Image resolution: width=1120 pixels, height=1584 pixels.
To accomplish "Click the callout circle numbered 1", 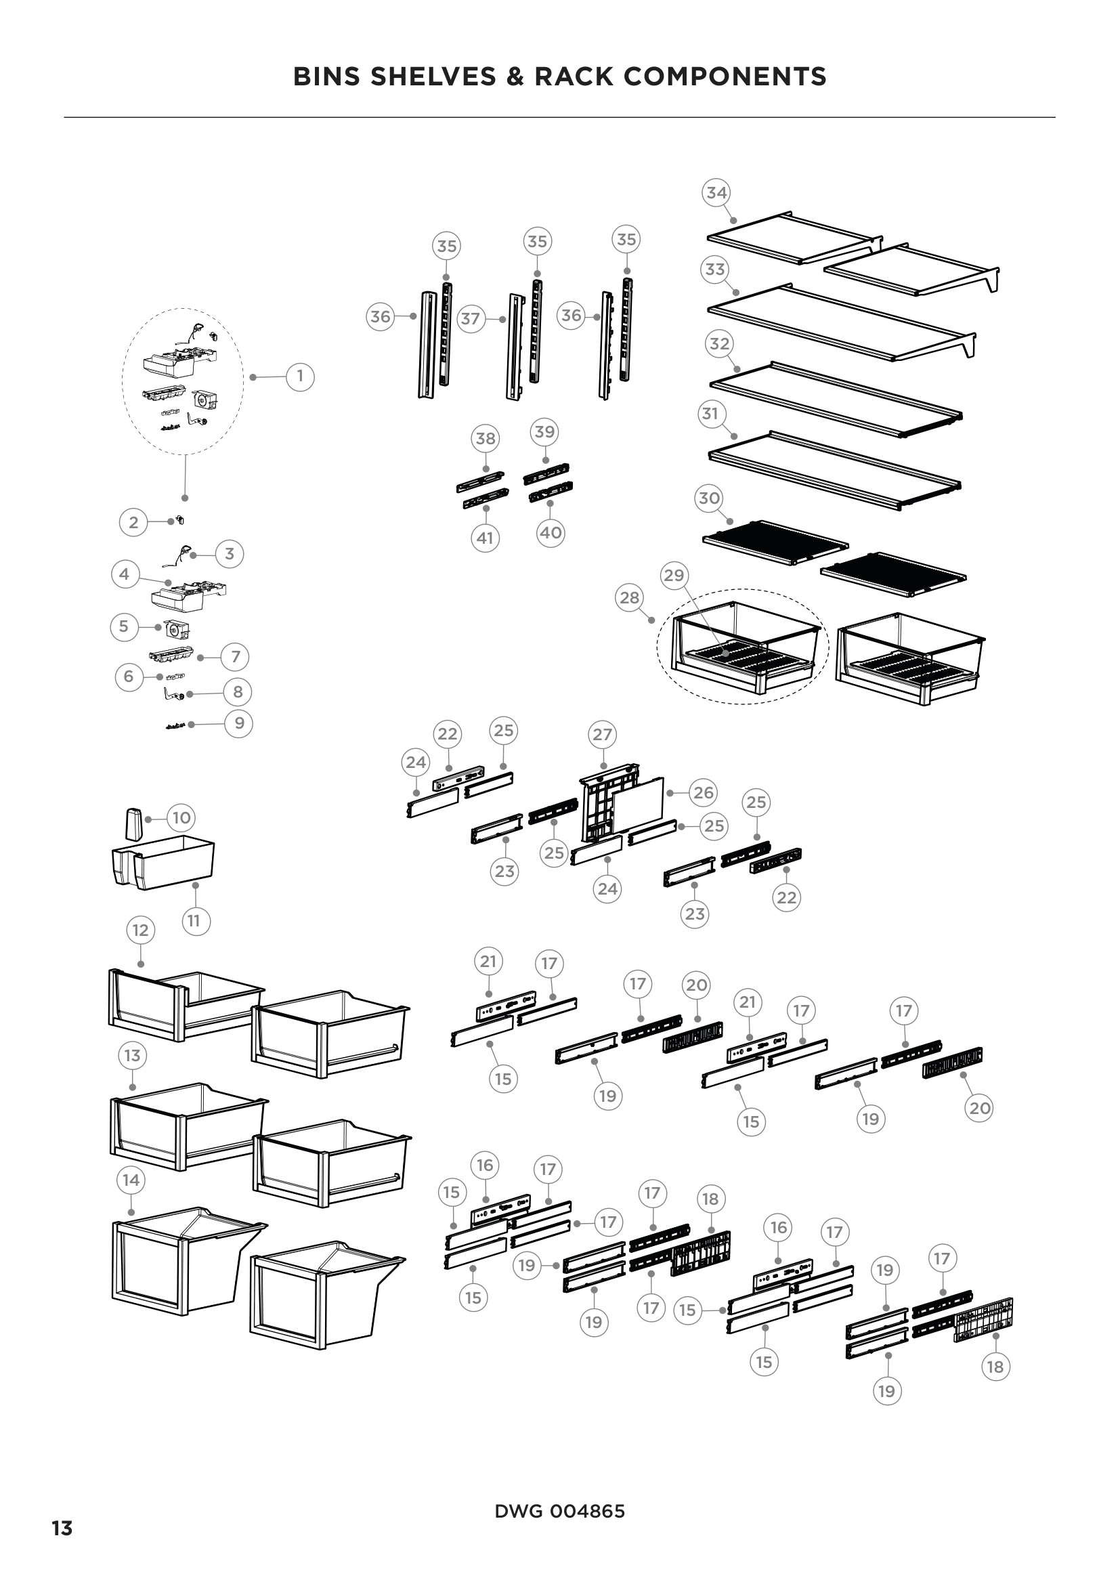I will click(x=300, y=377).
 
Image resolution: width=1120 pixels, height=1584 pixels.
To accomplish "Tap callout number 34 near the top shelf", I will click(x=716, y=192).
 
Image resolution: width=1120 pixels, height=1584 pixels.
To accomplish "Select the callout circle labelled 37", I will click(x=471, y=320).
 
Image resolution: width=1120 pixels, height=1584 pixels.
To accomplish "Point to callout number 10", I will click(x=181, y=818).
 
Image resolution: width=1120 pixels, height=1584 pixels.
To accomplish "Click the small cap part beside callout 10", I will click(x=133, y=823).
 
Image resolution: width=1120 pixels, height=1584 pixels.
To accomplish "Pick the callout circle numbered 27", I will click(x=603, y=735).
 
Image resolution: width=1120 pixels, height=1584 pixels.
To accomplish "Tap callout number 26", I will click(x=704, y=793).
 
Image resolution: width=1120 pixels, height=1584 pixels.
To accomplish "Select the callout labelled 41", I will click(x=486, y=538).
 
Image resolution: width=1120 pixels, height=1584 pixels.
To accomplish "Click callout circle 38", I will click(x=486, y=438).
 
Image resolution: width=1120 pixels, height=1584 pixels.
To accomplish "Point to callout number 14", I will click(x=131, y=1180).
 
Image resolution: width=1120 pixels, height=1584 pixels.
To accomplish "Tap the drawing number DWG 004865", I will click(x=559, y=1511).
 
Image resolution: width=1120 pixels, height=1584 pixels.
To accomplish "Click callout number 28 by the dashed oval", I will click(x=629, y=597).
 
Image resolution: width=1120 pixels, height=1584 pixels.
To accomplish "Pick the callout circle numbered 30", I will click(x=710, y=498).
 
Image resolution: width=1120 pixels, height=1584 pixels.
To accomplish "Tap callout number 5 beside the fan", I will click(x=124, y=626).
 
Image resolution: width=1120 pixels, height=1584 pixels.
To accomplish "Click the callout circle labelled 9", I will click(x=239, y=723).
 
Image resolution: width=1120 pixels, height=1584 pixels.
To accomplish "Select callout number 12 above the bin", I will click(x=141, y=930).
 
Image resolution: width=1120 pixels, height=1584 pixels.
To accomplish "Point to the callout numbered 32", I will click(x=719, y=343).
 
